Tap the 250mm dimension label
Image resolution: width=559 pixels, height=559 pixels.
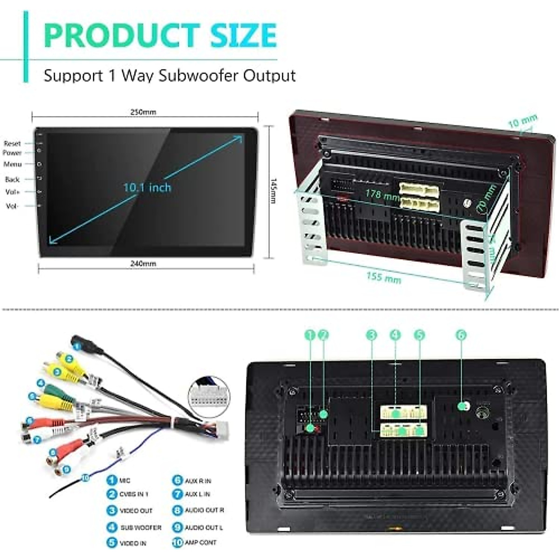click(x=143, y=112)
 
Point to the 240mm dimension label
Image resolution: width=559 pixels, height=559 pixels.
click(x=143, y=264)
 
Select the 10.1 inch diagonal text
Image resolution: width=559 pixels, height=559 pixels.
click(x=147, y=188)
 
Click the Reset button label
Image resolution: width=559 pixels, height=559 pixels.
click(x=13, y=143)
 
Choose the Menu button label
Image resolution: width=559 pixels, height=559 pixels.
click(x=13, y=164)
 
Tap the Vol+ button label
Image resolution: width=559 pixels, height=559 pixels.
click(x=13, y=192)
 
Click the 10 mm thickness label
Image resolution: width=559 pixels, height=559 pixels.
click(x=523, y=122)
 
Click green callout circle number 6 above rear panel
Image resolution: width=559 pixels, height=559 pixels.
click(x=461, y=335)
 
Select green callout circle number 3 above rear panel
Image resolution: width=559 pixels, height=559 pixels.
click(x=371, y=335)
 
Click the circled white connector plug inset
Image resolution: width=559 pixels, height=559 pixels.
click(x=208, y=396)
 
